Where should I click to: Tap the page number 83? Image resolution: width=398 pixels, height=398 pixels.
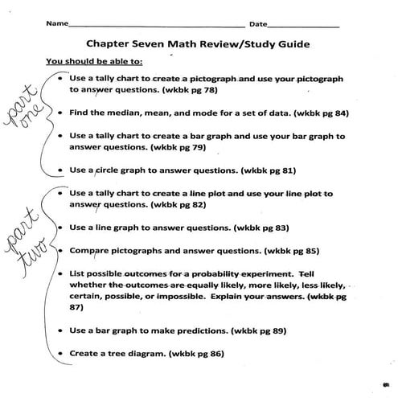pos(264,228)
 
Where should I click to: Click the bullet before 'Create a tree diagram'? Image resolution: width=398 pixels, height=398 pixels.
pos(61,353)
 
